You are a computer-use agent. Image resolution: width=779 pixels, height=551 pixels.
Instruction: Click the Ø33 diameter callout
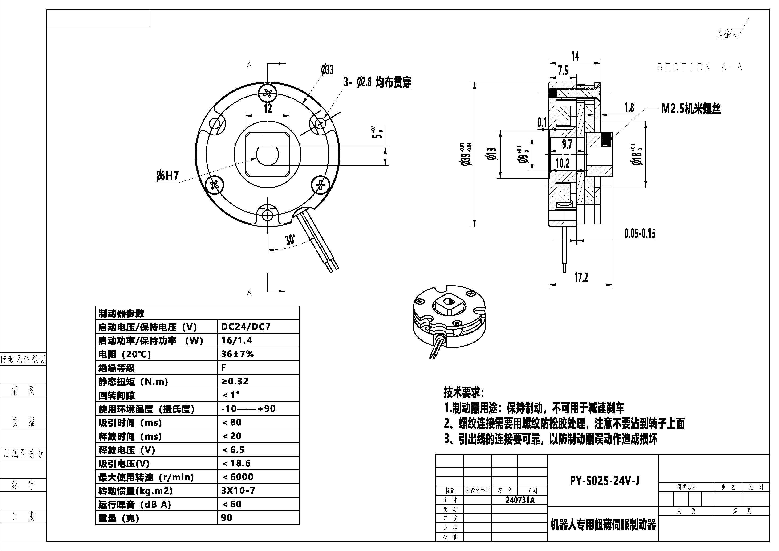(x=327, y=70)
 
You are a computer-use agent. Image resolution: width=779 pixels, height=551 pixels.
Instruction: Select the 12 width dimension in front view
(x=268, y=108)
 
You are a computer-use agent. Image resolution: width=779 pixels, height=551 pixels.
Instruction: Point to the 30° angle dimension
(x=290, y=240)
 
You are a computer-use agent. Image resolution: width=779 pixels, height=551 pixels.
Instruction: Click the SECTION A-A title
(x=700, y=67)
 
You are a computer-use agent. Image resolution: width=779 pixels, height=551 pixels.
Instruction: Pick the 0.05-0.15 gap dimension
(x=640, y=234)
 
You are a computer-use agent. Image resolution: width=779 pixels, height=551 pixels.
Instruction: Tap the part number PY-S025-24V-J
(x=605, y=481)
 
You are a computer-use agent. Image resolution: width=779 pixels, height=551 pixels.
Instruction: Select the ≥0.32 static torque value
(x=235, y=381)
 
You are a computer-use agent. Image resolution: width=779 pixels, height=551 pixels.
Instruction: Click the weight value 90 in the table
(x=227, y=518)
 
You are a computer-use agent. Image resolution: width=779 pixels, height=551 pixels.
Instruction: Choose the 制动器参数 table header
(x=121, y=313)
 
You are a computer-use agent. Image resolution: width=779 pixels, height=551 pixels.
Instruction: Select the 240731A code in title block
(x=520, y=500)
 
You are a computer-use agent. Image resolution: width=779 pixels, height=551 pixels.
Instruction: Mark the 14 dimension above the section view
(x=575, y=56)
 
